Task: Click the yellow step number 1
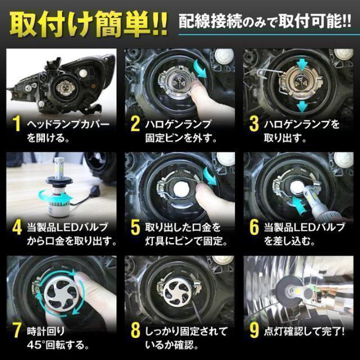16,124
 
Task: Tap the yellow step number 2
135,124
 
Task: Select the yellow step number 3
254,124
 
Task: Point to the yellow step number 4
17,227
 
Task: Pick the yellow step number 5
135,227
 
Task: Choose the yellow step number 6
254,227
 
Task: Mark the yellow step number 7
17,331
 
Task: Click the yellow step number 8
135,331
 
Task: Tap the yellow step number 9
254,331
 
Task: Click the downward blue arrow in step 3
301,107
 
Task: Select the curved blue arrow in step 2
200,69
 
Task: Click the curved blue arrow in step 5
209,175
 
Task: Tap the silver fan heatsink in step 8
178,292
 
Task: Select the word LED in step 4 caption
67,227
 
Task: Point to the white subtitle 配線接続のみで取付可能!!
264,22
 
